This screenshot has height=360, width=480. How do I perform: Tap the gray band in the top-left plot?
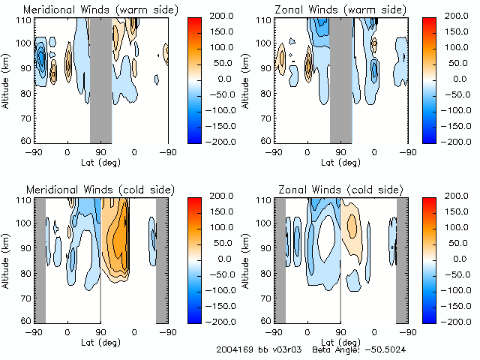coord(100,79)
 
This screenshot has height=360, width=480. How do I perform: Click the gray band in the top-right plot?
coord(340,79)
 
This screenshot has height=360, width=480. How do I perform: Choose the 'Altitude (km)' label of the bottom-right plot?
coord(247,259)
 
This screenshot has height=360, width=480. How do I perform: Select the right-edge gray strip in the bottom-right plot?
coord(401,259)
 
